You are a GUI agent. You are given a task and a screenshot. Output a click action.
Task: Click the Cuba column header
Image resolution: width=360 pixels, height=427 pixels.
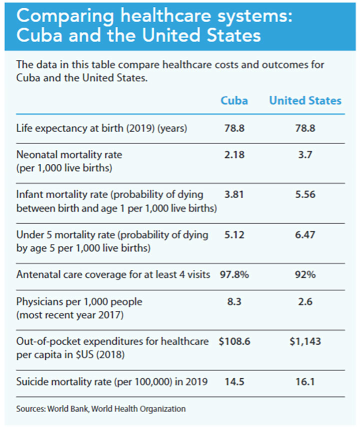[x=234, y=100]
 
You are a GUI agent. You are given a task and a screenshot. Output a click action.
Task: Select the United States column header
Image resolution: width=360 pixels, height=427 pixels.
[x=305, y=100]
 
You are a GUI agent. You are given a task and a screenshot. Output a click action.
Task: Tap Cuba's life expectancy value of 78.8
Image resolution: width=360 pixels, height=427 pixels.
[x=234, y=128]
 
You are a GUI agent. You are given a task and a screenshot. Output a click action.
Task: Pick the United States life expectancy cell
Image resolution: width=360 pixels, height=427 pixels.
[x=305, y=128]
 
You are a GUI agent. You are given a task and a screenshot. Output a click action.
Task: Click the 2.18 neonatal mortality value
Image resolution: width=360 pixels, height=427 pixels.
[x=234, y=155]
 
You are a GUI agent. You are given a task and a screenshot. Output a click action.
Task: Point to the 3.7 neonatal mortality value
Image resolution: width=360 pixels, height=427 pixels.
[x=305, y=155]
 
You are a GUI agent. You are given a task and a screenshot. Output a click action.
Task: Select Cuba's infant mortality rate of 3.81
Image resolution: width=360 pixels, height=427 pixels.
[x=234, y=195]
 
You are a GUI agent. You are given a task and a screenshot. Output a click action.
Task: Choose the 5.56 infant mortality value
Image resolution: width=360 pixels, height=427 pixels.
[x=305, y=195]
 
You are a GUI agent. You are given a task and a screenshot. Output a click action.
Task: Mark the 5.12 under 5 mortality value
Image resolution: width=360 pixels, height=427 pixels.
[x=234, y=235]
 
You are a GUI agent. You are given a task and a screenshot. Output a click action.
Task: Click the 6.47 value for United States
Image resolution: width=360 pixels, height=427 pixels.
[x=305, y=235]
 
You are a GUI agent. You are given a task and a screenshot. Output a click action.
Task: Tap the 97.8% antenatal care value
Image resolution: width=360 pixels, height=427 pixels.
[x=234, y=275]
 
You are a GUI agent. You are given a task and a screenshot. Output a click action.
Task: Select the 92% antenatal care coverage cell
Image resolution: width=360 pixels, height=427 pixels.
[x=305, y=275]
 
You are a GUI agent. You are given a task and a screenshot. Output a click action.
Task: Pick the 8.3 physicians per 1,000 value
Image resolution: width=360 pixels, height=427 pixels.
[x=234, y=301]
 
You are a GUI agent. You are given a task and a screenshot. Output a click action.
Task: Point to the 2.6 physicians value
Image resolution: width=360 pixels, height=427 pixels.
[x=305, y=301]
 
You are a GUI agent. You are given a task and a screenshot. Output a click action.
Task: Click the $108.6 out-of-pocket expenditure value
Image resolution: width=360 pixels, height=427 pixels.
[x=234, y=341]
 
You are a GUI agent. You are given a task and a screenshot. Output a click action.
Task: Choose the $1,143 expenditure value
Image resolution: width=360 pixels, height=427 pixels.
[x=305, y=341]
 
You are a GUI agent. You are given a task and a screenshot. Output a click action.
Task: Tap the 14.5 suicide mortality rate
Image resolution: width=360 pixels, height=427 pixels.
[x=234, y=381]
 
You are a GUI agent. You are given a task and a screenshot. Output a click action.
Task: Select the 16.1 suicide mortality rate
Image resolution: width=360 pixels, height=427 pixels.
[x=305, y=381]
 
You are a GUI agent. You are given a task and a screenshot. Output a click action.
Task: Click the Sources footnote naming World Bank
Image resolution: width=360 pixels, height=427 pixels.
[x=100, y=408]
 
